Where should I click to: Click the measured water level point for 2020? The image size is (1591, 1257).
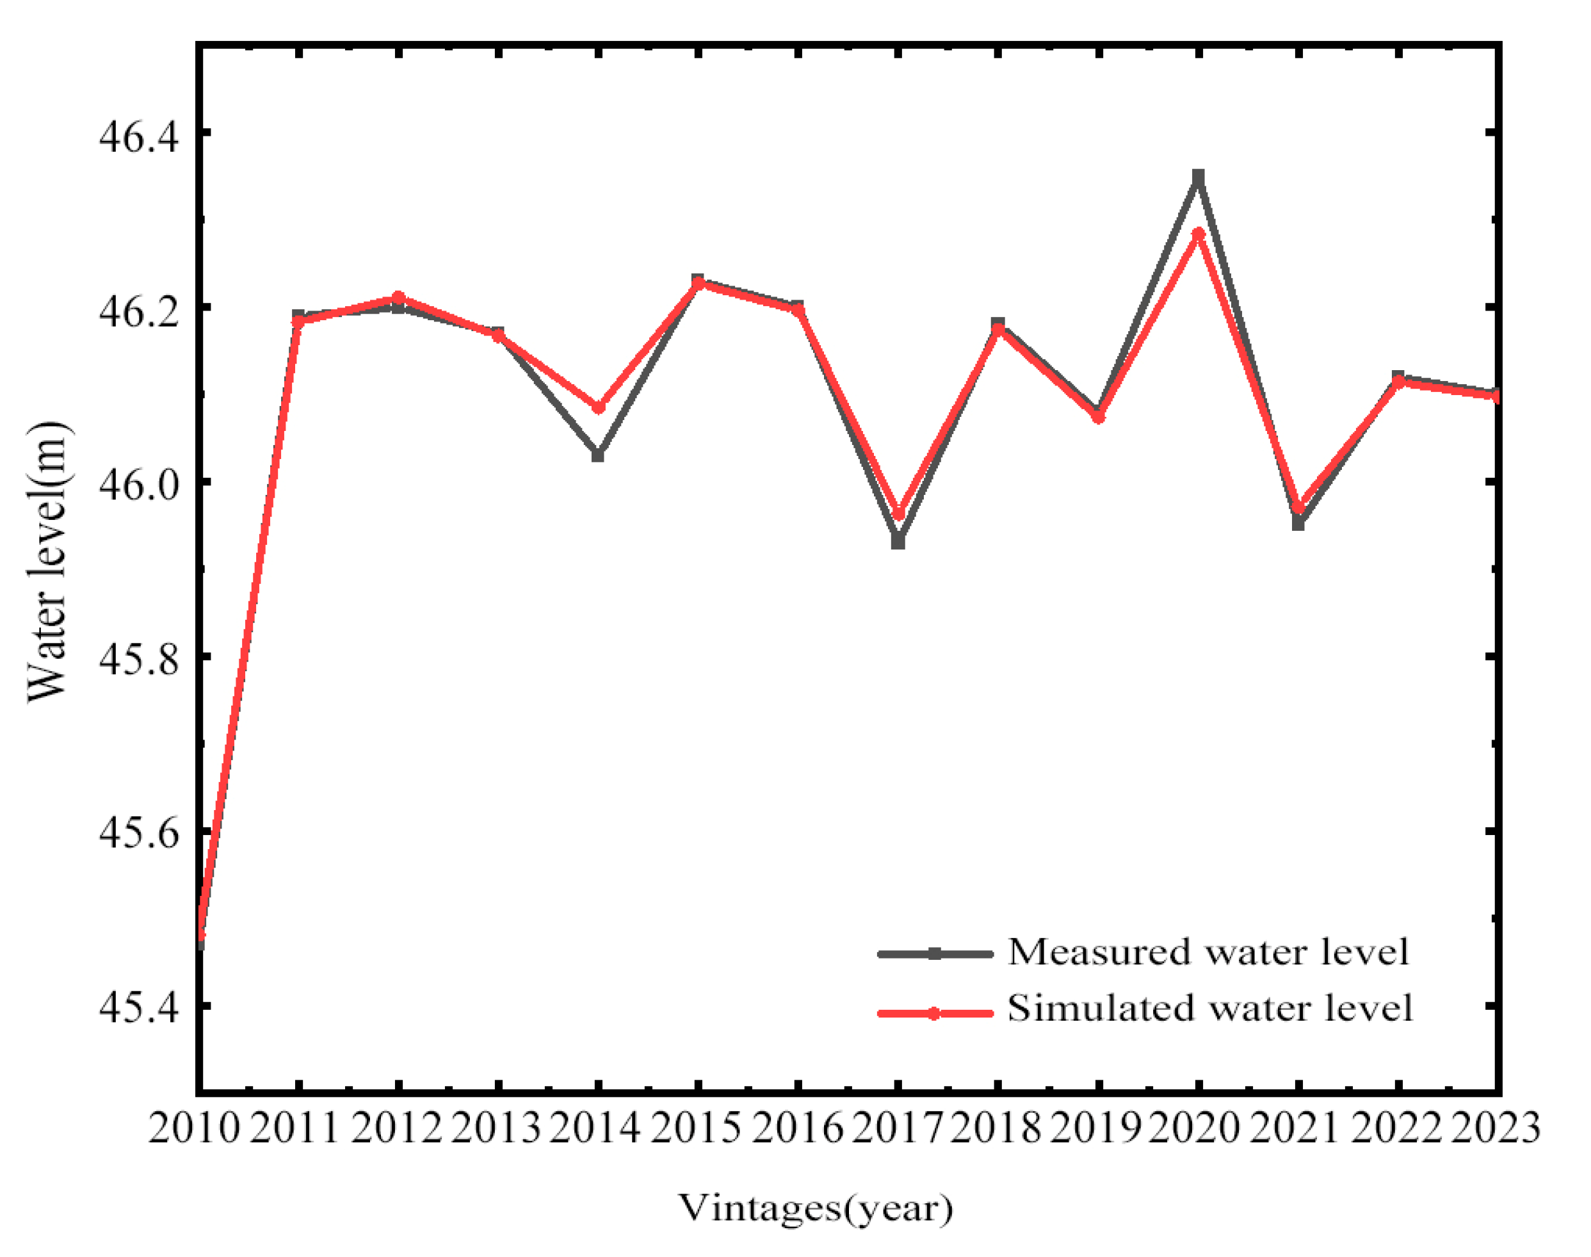(x=1198, y=177)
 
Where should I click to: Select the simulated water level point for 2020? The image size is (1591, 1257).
(x=1198, y=234)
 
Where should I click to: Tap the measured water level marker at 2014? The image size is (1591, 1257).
(x=597, y=455)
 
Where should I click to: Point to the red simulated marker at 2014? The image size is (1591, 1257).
(x=598, y=407)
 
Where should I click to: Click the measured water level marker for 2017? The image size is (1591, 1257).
(x=898, y=542)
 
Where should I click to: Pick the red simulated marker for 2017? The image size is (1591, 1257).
(x=898, y=514)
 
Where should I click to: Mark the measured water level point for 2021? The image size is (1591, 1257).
(x=1298, y=524)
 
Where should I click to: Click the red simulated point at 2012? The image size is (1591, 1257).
(x=398, y=297)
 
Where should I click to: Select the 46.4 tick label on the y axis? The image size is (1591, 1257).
(x=138, y=136)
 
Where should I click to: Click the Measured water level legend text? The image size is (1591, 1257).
(x=1207, y=952)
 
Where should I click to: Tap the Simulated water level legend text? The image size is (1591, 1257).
(x=1209, y=1009)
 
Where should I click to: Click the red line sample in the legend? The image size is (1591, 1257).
(x=935, y=1014)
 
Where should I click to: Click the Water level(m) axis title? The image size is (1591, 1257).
(x=47, y=562)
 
